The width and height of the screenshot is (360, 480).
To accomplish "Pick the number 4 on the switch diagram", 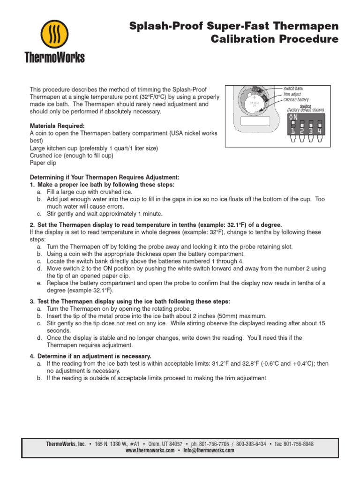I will click(x=320, y=132).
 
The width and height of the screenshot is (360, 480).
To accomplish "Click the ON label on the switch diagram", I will click(x=293, y=116).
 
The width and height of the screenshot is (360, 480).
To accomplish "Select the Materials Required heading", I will click(x=58, y=126).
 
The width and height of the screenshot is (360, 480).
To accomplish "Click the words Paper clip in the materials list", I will click(x=43, y=163).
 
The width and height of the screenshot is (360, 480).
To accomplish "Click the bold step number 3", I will click(x=31, y=301).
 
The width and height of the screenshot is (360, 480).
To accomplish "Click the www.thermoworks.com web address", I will click(x=150, y=450).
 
